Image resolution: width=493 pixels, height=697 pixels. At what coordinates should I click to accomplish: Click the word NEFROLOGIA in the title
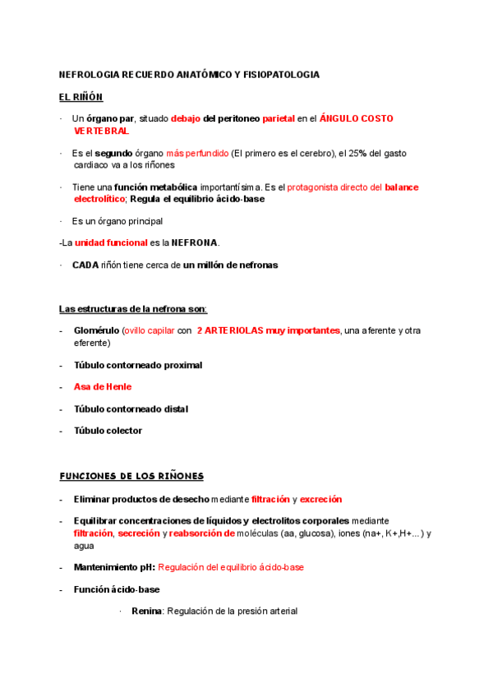pos(90,75)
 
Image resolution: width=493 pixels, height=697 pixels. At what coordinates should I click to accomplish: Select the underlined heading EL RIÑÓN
pos(81,97)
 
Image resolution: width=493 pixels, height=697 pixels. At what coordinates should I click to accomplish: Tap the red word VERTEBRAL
pos(101,131)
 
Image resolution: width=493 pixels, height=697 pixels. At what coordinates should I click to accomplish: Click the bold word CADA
pos(85,265)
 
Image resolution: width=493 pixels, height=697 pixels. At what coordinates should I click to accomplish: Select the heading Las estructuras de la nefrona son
pos(133,309)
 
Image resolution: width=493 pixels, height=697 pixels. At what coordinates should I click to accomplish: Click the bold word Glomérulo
pos(95,330)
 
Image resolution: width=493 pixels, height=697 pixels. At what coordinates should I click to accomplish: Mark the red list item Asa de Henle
pos(103,386)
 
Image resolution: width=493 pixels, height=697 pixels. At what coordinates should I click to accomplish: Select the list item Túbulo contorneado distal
pos(131,409)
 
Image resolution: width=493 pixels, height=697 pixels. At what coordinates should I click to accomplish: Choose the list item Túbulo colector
pos(108,431)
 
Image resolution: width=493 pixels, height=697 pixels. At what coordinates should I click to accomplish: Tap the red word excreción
pos(320,499)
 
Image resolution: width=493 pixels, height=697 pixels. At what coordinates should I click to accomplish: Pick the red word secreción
pos(138,533)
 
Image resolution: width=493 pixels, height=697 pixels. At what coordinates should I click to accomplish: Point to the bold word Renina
pos(147,612)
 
